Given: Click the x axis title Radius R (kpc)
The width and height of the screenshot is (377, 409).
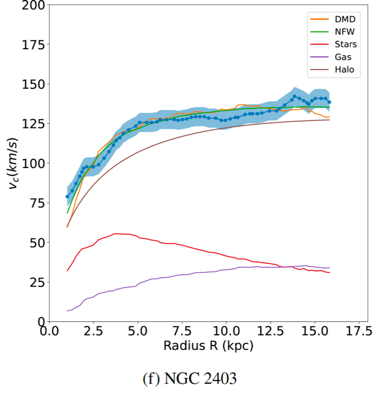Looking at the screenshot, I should (208, 346).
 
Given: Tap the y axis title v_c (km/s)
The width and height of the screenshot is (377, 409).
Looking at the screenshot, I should (14, 163).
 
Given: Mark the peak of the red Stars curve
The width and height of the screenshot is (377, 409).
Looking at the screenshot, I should (117, 234).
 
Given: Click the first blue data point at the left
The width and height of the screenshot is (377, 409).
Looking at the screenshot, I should (67, 196).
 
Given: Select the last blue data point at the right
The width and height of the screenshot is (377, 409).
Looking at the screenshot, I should (329, 102).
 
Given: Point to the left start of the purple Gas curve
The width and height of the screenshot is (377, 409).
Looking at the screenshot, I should (67, 311).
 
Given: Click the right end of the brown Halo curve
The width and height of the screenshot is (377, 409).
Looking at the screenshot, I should (329, 120).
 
